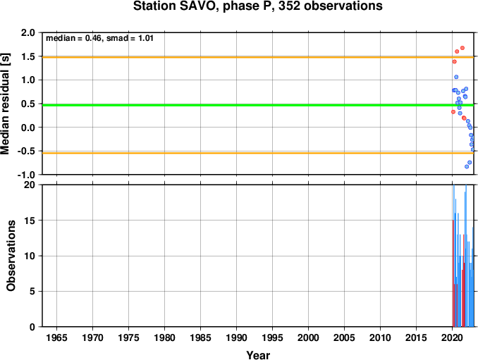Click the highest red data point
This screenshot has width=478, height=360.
coord(462,48)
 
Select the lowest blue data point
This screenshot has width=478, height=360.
coord(467,166)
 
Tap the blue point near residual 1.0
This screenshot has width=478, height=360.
coord(456,77)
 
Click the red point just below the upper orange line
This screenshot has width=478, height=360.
coord(454,61)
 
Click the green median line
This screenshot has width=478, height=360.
coord(258,105)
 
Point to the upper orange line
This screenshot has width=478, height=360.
coord(258,57)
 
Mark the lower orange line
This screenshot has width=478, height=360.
coord(258,153)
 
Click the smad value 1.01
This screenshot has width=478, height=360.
coord(146,38)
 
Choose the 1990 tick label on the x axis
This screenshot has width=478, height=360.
coord(236,337)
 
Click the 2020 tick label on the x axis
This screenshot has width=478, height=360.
coord(452,337)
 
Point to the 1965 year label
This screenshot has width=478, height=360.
coord(56,337)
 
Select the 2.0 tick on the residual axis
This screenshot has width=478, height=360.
coord(28,32)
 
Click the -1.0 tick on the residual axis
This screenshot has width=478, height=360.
coord(26,175)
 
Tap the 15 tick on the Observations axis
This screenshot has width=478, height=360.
coord(30,221)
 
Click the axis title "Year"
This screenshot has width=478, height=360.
coord(258,355)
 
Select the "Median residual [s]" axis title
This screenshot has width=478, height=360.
coord(5,104)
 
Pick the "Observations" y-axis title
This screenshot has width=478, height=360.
coord(11,256)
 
